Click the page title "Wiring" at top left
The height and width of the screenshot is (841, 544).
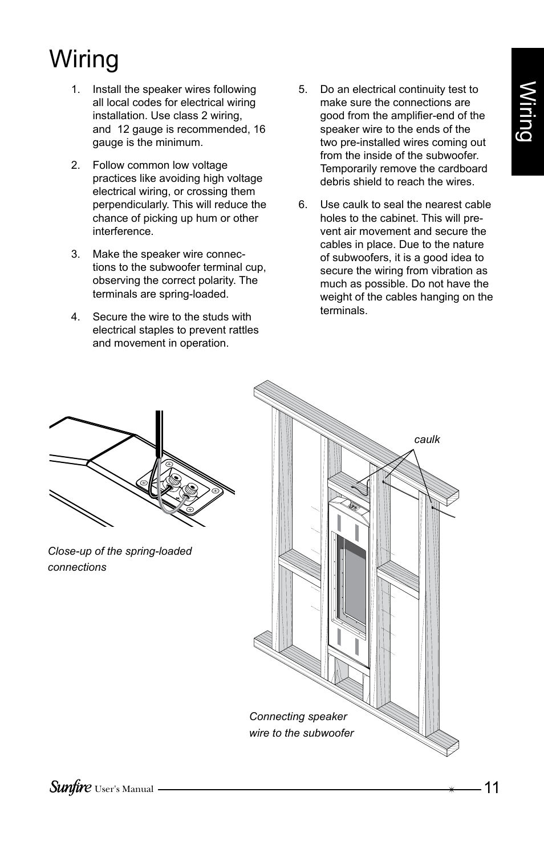coord(84,59)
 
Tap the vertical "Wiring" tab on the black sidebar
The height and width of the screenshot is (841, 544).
coord(527,111)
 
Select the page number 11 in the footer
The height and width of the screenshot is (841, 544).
coord(491,788)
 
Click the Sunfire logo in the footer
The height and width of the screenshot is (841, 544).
coord(70,787)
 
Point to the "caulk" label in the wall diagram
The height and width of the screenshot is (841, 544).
coord(427,440)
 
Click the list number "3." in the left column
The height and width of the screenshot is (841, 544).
coord(75,254)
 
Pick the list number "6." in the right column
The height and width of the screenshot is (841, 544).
coord(303,205)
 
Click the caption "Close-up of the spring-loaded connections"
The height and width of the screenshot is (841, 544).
coord(120,559)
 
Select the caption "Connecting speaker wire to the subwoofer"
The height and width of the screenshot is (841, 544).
coord(301,725)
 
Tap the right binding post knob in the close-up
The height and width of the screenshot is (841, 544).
coord(190,490)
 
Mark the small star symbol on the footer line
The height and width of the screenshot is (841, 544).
coord(451,790)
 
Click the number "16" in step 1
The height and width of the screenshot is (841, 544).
coord(259,129)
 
